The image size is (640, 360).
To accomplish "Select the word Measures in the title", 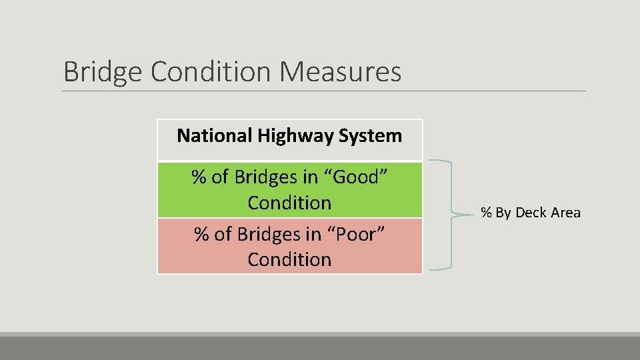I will (341, 72).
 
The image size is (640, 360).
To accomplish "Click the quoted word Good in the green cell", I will (357, 177).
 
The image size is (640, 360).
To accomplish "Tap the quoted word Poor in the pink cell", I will (357, 235).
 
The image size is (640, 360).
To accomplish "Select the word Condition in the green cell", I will (289, 202).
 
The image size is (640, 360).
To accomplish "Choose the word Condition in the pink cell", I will (289, 259).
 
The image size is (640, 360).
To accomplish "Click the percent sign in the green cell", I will (199, 177).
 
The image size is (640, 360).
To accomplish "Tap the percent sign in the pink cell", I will (201, 235).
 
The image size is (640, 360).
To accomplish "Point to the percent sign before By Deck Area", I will (487, 213).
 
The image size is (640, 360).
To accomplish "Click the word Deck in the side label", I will (531, 213).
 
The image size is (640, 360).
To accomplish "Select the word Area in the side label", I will (565, 213).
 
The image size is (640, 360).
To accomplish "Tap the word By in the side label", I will (503, 213).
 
